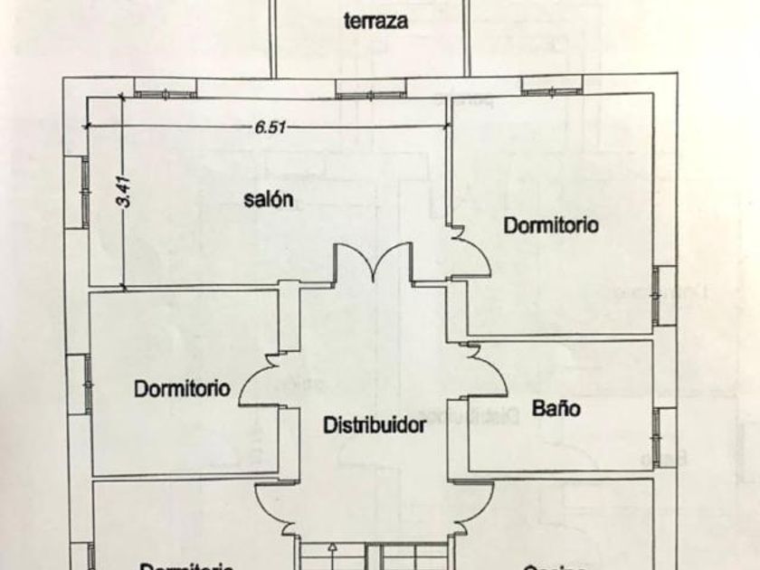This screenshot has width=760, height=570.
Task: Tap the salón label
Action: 268,201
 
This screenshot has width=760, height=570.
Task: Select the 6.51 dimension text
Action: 271,128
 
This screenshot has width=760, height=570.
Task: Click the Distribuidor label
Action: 375,423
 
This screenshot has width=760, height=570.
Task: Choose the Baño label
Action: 556,408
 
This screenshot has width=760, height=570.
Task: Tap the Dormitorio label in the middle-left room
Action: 182,389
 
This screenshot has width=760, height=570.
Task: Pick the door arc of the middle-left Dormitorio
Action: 261,381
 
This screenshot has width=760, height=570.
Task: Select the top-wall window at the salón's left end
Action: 166,87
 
